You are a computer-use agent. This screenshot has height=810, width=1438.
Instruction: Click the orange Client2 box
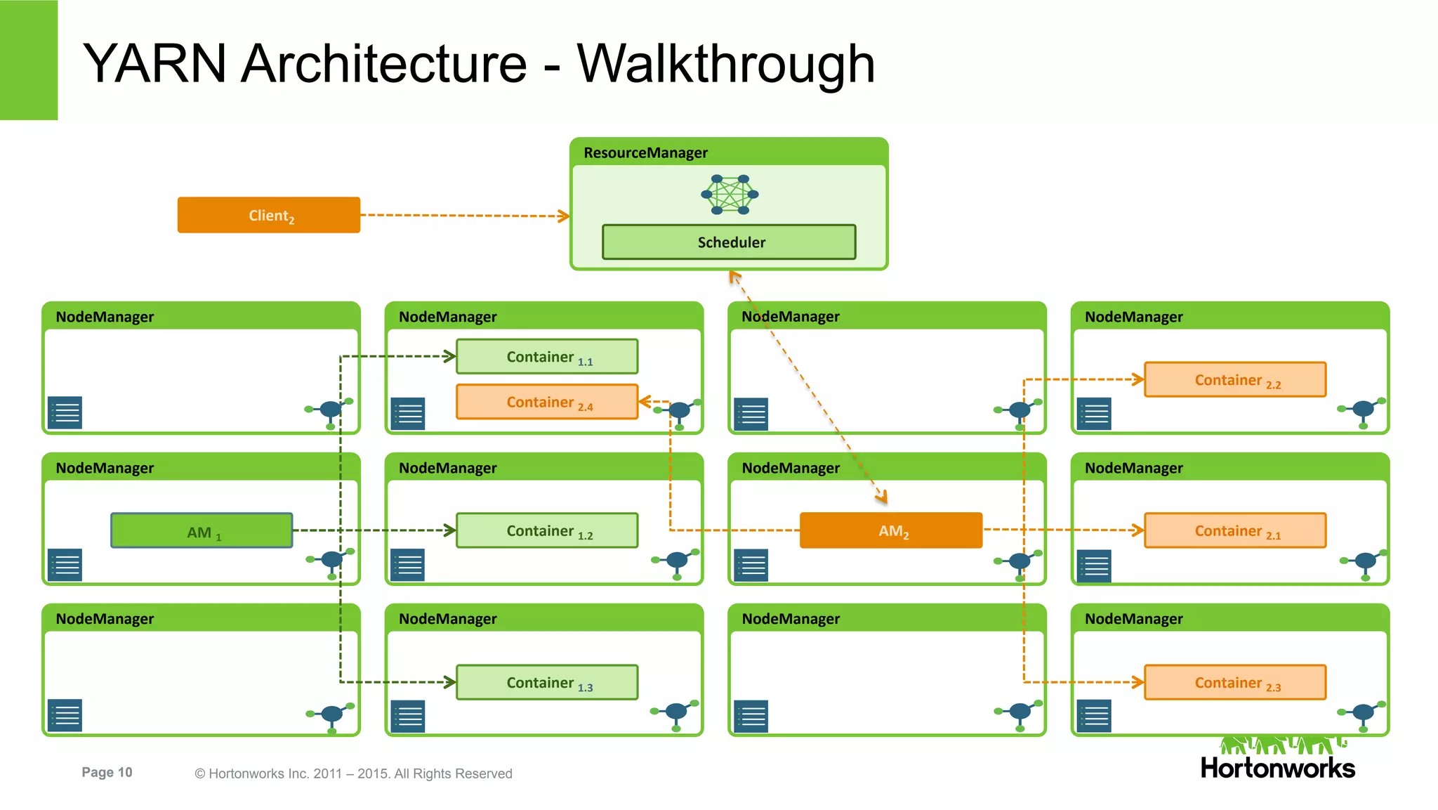[x=268, y=215]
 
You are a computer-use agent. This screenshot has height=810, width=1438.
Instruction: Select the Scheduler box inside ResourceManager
[x=729, y=242]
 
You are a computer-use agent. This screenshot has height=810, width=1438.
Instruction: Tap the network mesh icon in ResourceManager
[x=730, y=195]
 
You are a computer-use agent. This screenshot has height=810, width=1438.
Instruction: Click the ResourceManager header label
[x=645, y=152]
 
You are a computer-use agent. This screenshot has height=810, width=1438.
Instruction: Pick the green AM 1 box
[x=202, y=531]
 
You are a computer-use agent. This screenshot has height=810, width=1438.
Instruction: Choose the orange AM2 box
[x=890, y=531]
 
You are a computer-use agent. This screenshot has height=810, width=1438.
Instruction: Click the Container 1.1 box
[x=547, y=357]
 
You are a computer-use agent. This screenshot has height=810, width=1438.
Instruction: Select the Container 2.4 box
[x=547, y=402]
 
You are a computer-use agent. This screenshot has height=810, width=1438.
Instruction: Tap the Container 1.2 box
[x=547, y=531]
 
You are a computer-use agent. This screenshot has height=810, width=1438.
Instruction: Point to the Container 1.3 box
[x=547, y=682]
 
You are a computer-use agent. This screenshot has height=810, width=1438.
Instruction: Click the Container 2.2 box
[x=1235, y=380]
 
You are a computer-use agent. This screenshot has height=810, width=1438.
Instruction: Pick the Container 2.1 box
[x=1235, y=531]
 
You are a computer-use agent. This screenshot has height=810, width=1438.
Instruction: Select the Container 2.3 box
[x=1235, y=682]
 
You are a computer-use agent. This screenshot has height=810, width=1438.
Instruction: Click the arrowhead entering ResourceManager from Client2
[x=564, y=216]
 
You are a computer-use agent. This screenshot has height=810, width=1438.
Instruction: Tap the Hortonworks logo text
[x=1277, y=768]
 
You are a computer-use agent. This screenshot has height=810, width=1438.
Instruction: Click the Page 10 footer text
[x=107, y=772]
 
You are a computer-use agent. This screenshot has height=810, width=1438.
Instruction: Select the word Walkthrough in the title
[x=725, y=63]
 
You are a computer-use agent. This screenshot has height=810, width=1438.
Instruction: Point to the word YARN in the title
[x=154, y=63]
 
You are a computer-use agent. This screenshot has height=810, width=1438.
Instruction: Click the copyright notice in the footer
[x=353, y=773]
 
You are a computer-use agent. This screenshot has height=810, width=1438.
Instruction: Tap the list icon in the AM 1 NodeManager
[x=65, y=565]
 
